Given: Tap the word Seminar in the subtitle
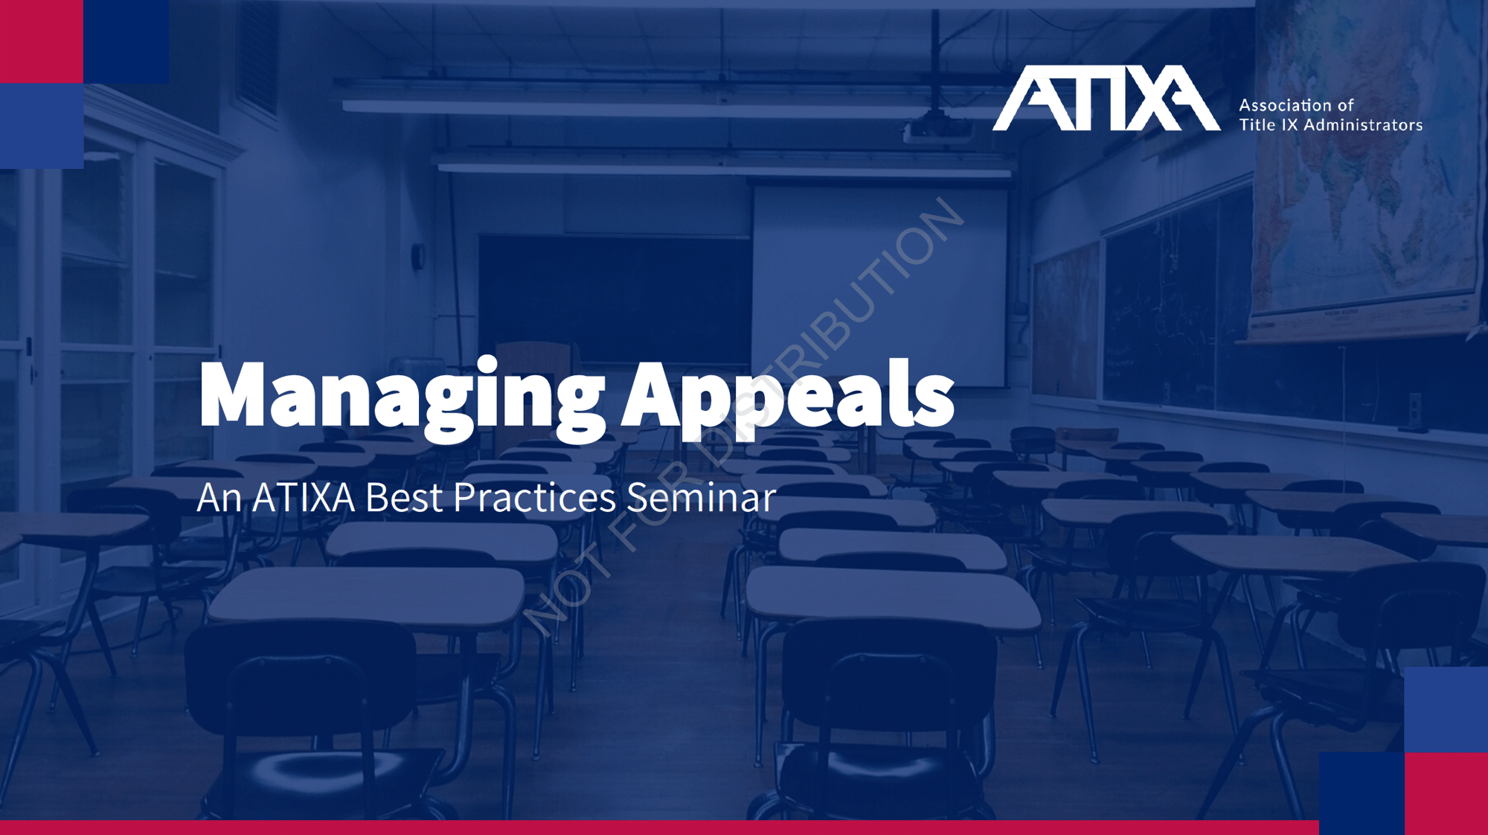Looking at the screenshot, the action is pos(702,497).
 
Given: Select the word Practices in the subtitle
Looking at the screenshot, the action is pos(534,497).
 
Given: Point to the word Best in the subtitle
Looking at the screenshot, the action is pos(403,497).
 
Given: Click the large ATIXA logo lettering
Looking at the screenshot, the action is pos(1106,97).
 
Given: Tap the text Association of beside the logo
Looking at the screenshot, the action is pos(1296,106).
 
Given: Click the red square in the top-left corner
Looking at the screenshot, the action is pos(42,42).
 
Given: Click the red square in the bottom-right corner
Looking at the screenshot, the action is pos(1446,793).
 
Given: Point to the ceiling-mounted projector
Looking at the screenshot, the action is pos(937,128).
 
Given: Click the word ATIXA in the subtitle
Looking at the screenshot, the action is pos(304,497).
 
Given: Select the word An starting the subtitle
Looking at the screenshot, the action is pos(219,497).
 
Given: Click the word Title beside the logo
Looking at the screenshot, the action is pos(1257,125).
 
